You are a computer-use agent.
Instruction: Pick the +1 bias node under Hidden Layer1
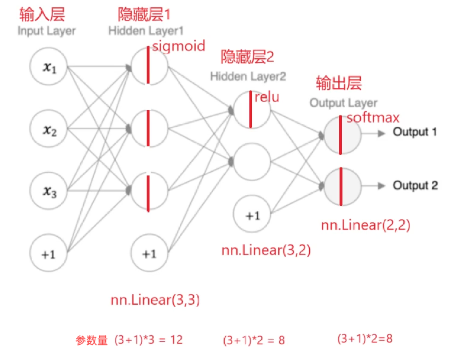149,253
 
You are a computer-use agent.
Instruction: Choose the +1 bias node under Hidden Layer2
252,215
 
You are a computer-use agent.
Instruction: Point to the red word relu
267,97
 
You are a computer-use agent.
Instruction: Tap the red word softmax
373,118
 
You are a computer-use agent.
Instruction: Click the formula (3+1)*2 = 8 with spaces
254,340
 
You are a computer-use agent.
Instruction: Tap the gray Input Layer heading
47,30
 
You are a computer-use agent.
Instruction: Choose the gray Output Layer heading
343,103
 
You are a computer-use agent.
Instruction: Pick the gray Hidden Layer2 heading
247,76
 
